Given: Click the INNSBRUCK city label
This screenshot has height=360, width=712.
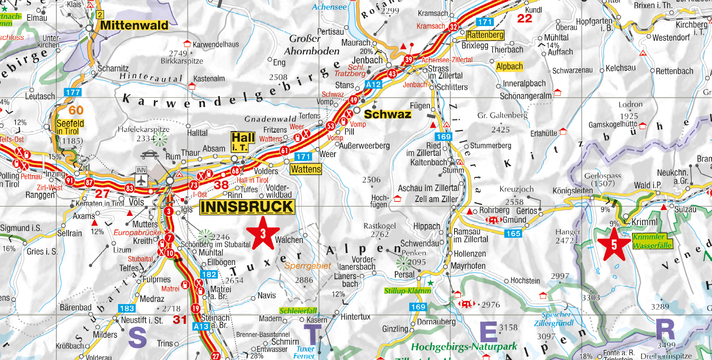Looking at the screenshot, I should click(246, 207).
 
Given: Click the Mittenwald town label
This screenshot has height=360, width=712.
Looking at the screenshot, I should click(134, 26).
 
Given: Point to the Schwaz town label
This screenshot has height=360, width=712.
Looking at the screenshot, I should click(388, 114).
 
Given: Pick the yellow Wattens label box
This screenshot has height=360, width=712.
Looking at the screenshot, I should click(306, 169).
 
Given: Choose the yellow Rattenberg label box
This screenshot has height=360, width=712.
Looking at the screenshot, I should click(485, 35).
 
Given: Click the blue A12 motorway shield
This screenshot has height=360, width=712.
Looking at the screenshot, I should click(373, 84).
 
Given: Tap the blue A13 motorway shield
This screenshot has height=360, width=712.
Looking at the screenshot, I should click(201, 326).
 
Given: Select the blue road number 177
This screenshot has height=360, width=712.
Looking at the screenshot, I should click(74, 92).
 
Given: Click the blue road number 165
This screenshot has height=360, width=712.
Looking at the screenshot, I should click(513, 234).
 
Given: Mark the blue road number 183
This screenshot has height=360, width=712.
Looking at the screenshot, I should click(127, 308).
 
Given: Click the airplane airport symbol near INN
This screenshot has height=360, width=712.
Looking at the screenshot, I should click(141, 180).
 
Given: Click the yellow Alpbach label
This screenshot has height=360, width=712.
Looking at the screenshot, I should click(509, 67).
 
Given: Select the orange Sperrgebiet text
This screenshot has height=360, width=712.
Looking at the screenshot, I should click(308, 266).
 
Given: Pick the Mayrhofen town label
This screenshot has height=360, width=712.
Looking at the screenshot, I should click(468, 266).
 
